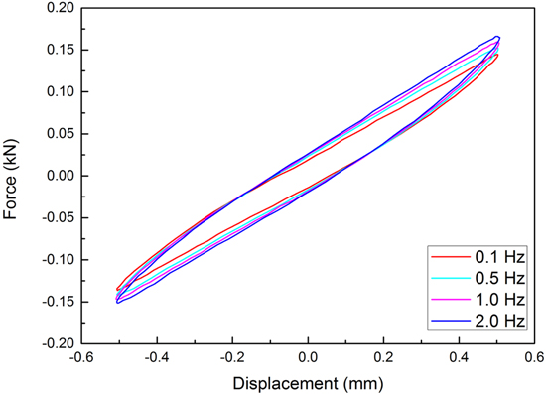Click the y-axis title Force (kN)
[13, 176]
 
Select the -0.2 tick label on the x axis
[231, 358]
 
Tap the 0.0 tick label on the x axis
[309, 358]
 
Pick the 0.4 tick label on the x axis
[460, 358]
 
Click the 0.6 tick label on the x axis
[535, 358]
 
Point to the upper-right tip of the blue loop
[497, 37]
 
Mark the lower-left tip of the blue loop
[118, 301]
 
